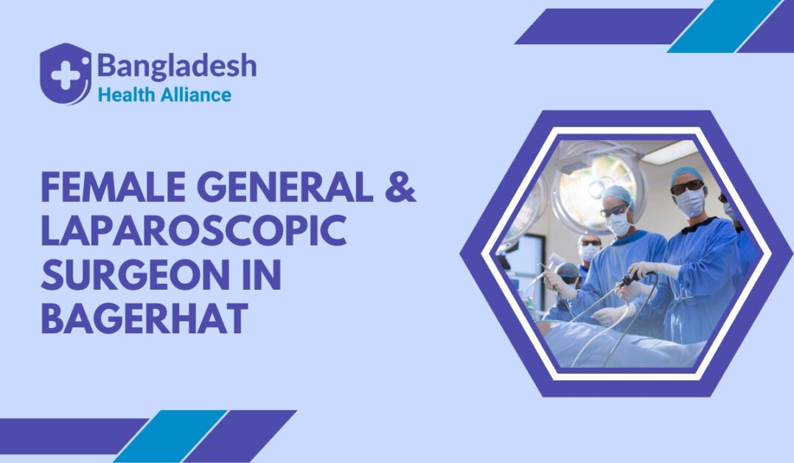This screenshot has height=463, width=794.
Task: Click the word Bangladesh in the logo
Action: point(176,67)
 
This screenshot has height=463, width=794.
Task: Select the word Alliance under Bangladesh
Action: point(195,95)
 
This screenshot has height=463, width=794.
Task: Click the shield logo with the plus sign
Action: point(66,74)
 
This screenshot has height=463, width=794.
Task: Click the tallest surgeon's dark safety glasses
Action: point(686,187)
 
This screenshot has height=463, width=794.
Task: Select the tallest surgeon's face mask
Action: point(691,203)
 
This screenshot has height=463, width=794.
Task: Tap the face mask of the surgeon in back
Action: point(589,252)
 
